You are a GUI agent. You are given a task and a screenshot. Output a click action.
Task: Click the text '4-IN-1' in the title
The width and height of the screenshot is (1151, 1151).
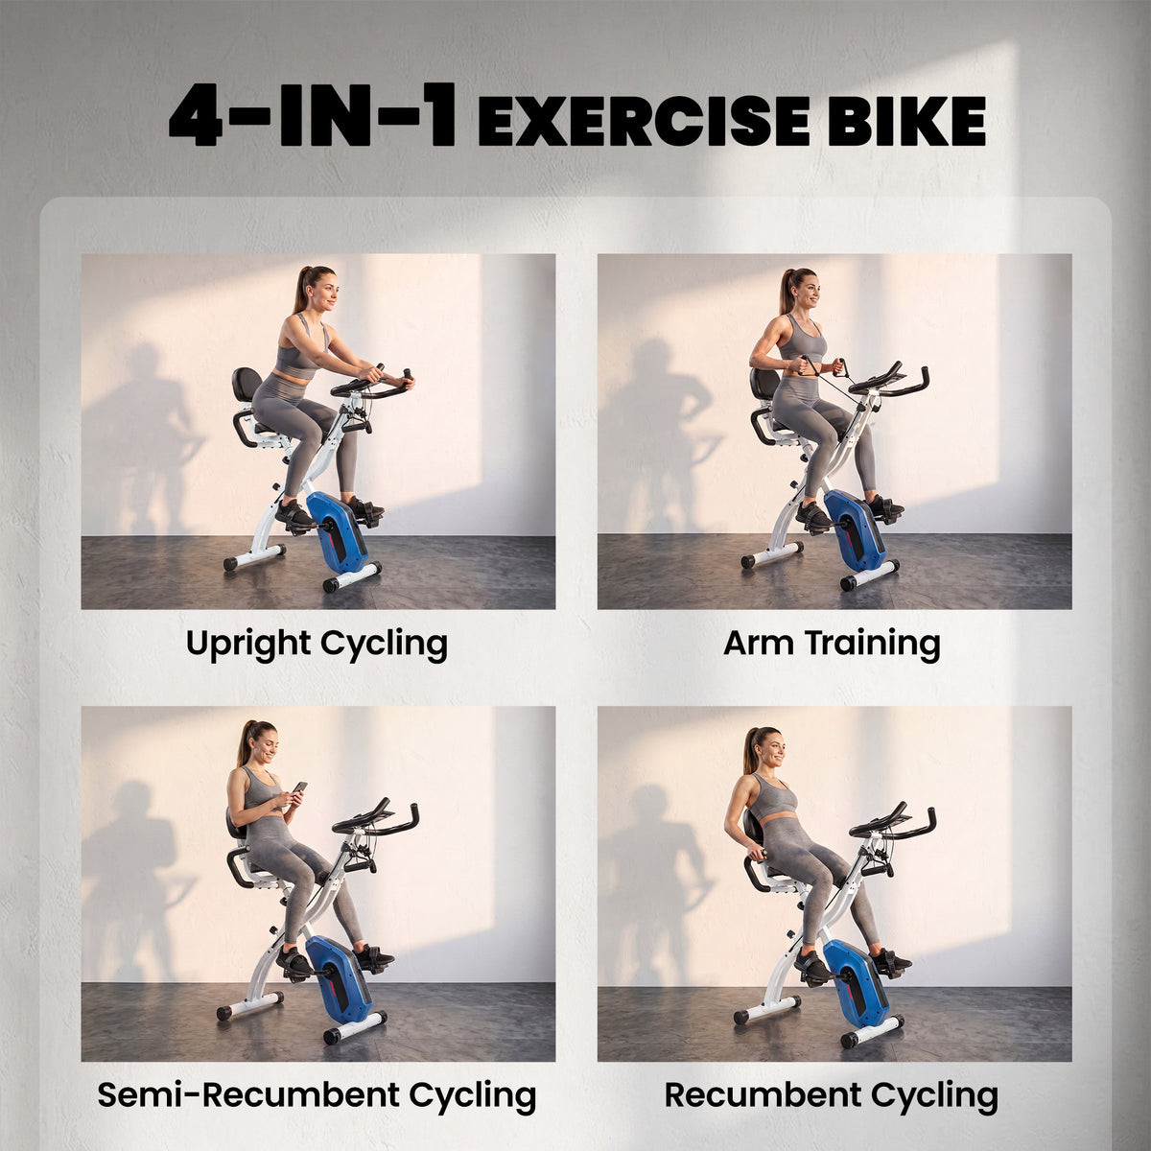coord(313,116)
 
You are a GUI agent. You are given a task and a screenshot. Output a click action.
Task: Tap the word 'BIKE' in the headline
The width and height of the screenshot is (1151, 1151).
coord(906,121)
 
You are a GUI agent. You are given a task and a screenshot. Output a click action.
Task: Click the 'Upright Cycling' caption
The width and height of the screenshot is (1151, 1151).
coord(317,646)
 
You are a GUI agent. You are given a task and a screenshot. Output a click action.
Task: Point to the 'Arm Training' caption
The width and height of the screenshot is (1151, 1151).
coord(832,645)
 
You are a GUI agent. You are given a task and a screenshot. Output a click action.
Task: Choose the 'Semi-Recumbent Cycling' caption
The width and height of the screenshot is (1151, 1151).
coord(317,1095)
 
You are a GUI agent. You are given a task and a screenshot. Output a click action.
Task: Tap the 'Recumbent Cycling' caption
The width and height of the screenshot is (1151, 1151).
coord(832,1095)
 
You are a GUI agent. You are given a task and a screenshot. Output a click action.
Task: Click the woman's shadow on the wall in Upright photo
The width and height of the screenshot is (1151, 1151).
coord(140,430)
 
